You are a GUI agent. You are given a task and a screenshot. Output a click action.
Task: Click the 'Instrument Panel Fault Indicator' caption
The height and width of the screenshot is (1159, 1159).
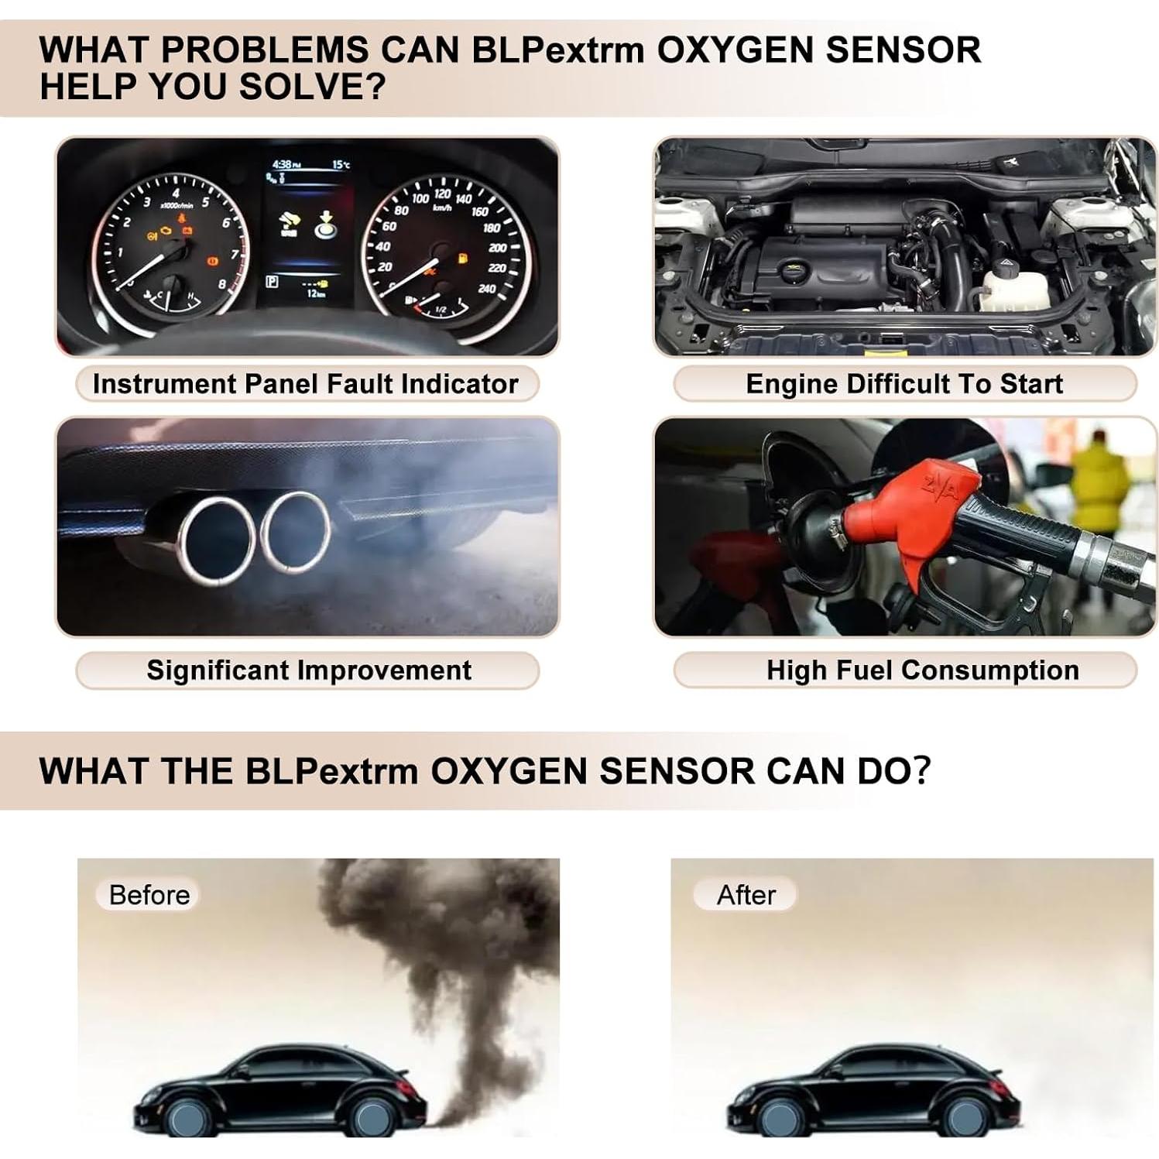click(x=305, y=384)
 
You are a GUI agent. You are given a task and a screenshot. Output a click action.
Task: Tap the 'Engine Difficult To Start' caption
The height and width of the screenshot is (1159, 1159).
click(x=904, y=384)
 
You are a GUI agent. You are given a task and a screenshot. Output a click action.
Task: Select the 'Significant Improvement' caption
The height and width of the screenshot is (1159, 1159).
click(x=308, y=670)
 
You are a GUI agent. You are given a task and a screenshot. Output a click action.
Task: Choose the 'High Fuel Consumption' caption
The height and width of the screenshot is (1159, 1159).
click(x=922, y=670)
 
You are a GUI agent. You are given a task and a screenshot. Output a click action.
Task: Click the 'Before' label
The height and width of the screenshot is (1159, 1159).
click(x=149, y=895)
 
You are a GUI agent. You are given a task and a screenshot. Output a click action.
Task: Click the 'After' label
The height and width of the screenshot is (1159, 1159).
click(x=746, y=895)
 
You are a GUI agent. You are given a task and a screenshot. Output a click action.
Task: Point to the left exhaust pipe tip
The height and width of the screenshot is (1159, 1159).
click(x=216, y=539)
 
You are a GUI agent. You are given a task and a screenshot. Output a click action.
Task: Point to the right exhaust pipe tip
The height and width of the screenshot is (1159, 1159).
click(x=296, y=531)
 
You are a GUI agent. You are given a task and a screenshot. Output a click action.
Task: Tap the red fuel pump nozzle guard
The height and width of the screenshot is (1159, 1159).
click(x=914, y=515)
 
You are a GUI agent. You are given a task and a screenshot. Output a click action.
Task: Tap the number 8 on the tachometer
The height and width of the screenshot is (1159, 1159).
click(x=222, y=284)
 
